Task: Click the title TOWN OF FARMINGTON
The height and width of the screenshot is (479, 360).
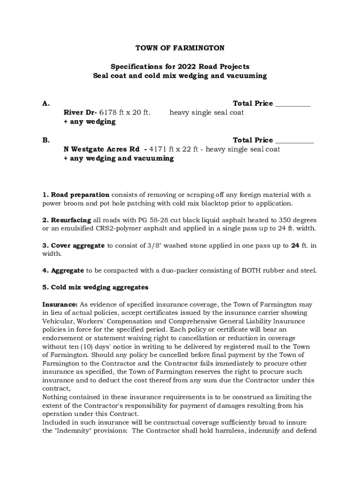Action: pyautogui.click(x=180, y=48)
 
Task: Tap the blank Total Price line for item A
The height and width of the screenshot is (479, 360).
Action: pyautogui.click(x=293, y=104)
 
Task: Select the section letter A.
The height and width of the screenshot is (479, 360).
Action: pyautogui.click(x=45, y=104)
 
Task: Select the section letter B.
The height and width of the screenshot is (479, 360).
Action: pyautogui.click(x=45, y=140)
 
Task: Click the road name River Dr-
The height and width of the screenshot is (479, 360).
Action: pyautogui.click(x=80, y=113)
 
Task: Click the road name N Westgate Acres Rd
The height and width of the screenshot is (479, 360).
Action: pyautogui.click(x=101, y=149)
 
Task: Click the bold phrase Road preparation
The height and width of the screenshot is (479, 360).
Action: pyautogui.click(x=80, y=195)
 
